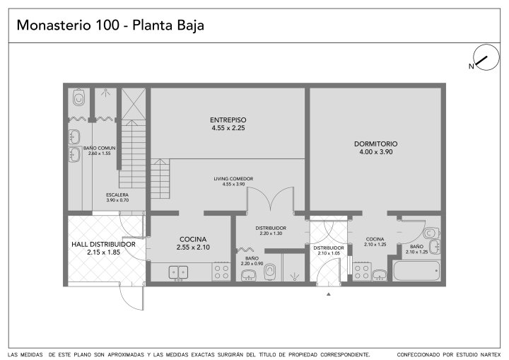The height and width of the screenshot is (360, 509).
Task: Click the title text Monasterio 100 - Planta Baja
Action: pyautogui.click(x=110, y=25)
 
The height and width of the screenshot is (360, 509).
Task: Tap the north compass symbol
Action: pyautogui.click(x=486, y=57)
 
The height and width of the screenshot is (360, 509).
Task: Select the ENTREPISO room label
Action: pyautogui.click(x=228, y=120)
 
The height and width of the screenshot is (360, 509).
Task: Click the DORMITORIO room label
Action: pyautogui.click(x=375, y=144)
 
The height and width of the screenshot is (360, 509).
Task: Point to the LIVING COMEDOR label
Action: pyautogui.click(x=233, y=179)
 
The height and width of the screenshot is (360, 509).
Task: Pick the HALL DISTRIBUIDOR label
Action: pyautogui.click(x=103, y=244)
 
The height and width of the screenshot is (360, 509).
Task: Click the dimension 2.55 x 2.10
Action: pyautogui.click(x=193, y=248)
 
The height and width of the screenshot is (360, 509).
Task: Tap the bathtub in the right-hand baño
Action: pyautogui.click(x=416, y=271)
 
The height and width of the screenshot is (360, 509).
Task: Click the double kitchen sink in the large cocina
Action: pyautogui.click(x=178, y=272)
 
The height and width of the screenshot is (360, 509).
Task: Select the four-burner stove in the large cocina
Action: pyautogui.click(x=221, y=272)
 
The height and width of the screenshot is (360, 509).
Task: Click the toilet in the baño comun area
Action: pyautogui.click(x=78, y=97)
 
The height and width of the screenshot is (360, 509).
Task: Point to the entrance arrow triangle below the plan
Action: pyautogui.click(x=329, y=294)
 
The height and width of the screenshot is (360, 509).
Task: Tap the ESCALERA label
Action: pyautogui.click(x=117, y=195)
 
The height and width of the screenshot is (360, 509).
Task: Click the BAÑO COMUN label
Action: pyautogui.click(x=100, y=148)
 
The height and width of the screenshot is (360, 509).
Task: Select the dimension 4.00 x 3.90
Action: pyautogui.click(x=376, y=152)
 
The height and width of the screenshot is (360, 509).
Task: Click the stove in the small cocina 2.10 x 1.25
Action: pyautogui.click(x=362, y=272)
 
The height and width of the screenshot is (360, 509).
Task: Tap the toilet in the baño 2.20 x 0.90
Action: pyautogui.click(x=270, y=272)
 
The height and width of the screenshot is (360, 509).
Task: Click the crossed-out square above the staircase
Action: pyautogui.click(x=134, y=104)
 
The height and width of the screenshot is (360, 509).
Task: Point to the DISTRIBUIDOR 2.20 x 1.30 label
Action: pyautogui.click(x=271, y=228)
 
